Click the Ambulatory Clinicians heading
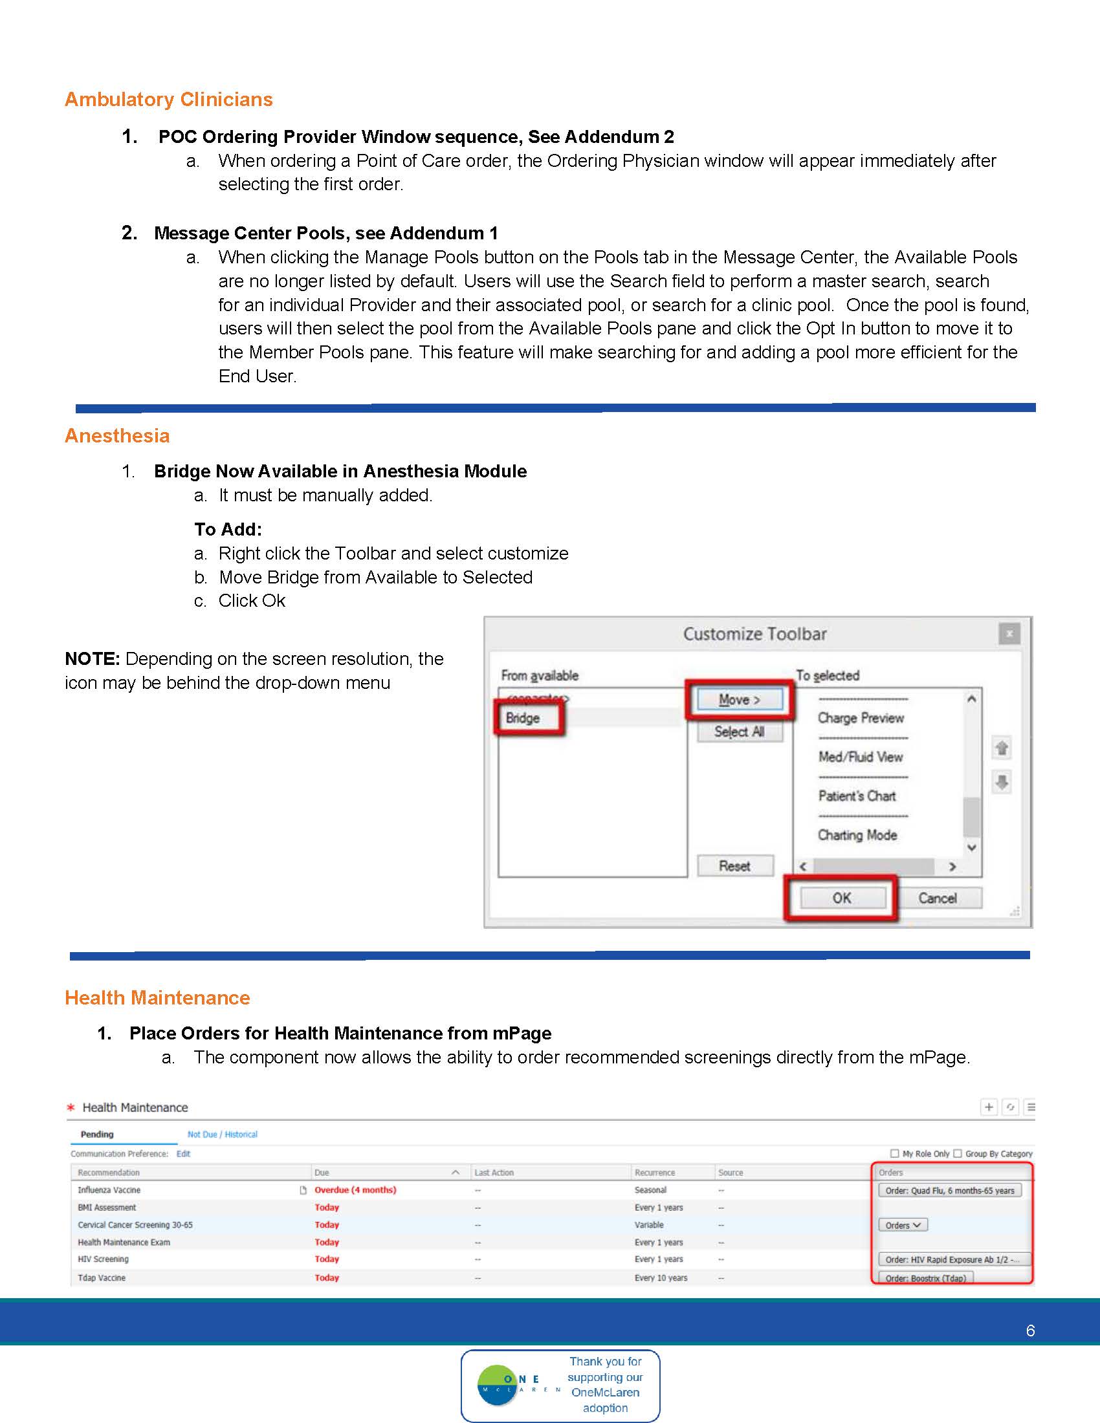point(168,99)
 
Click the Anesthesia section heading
point(117,435)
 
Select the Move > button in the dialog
point(739,700)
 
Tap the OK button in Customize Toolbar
point(841,898)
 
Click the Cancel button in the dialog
point(937,898)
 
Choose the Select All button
point(739,732)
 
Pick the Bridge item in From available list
point(523,718)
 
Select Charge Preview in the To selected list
point(860,718)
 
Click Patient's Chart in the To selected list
point(857,796)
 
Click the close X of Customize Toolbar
point(1009,633)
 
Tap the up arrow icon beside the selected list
point(1002,748)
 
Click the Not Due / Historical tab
point(222,1135)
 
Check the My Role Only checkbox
point(895,1153)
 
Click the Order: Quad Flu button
point(949,1190)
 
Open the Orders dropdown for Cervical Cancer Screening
point(903,1225)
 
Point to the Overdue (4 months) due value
point(355,1189)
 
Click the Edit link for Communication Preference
point(183,1153)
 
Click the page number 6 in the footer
point(1030,1331)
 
